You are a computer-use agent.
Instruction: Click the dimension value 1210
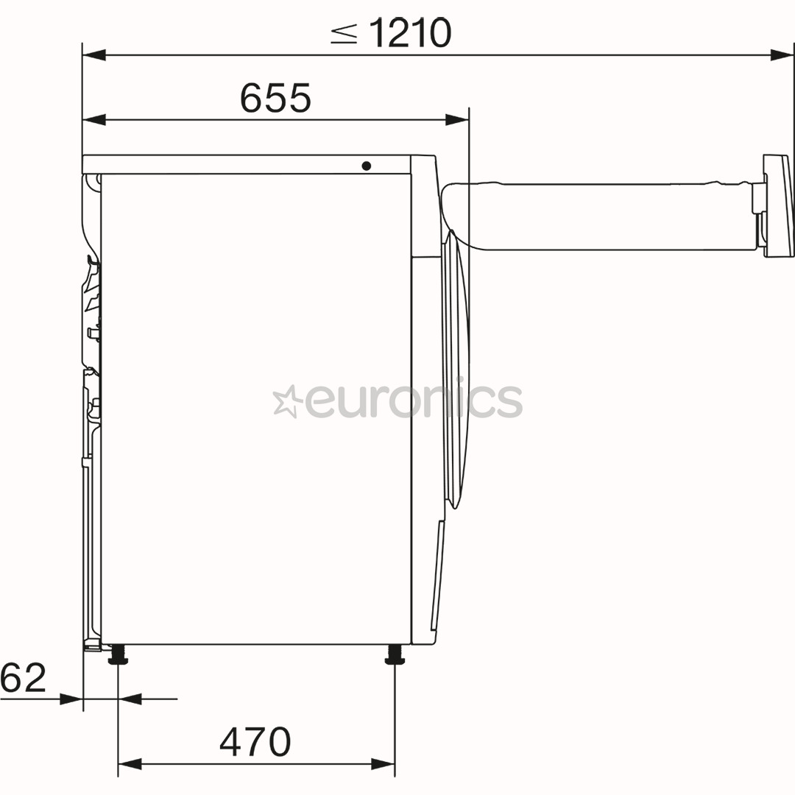click(x=410, y=33)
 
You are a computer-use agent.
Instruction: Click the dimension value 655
click(x=275, y=98)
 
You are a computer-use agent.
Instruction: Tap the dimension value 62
click(x=24, y=677)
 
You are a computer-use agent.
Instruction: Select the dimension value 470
click(x=255, y=741)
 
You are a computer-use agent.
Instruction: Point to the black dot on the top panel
click(x=367, y=166)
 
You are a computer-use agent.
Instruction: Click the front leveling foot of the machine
click(x=395, y=654)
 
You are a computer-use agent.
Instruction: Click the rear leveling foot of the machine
click(x=118, y=654)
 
